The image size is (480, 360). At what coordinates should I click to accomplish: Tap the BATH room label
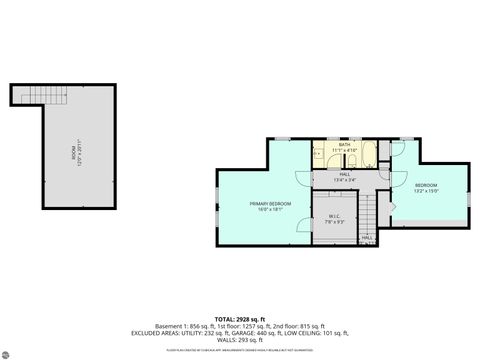344,145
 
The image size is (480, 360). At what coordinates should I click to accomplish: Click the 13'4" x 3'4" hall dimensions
344,180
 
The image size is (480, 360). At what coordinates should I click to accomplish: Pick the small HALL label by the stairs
381,238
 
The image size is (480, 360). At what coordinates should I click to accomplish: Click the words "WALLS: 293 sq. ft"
239,340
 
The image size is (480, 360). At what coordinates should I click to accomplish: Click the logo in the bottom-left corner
9,349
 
